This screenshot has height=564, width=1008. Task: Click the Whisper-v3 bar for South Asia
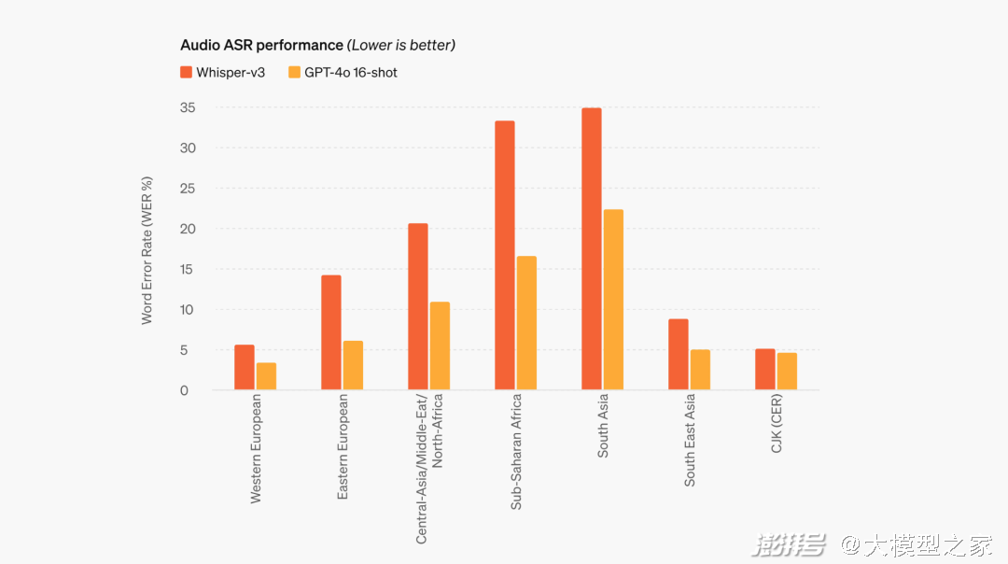tap(591, 249)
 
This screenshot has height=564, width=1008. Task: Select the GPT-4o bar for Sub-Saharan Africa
tap(526, 323)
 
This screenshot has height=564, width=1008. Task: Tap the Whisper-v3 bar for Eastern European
tap(331, 332)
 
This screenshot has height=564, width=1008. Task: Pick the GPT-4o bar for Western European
tap(266, 376)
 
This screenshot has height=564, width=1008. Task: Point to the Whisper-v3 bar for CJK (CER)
tap(764, 370)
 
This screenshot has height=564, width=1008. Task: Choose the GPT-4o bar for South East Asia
tap(700, 370)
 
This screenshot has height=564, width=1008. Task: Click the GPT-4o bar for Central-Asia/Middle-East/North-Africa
tap(440, 345)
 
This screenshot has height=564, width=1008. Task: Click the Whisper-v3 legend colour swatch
tap(186, 72)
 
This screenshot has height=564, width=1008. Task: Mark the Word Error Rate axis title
tap(147, 250)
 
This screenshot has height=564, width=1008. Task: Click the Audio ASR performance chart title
tap(261, 45)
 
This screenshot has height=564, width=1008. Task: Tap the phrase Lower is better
tap(401, 45)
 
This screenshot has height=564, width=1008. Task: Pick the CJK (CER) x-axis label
tap(777, 425)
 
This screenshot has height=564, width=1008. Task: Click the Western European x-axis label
tap(256, 449)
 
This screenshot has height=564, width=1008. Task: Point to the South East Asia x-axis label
tap(690, 441)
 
